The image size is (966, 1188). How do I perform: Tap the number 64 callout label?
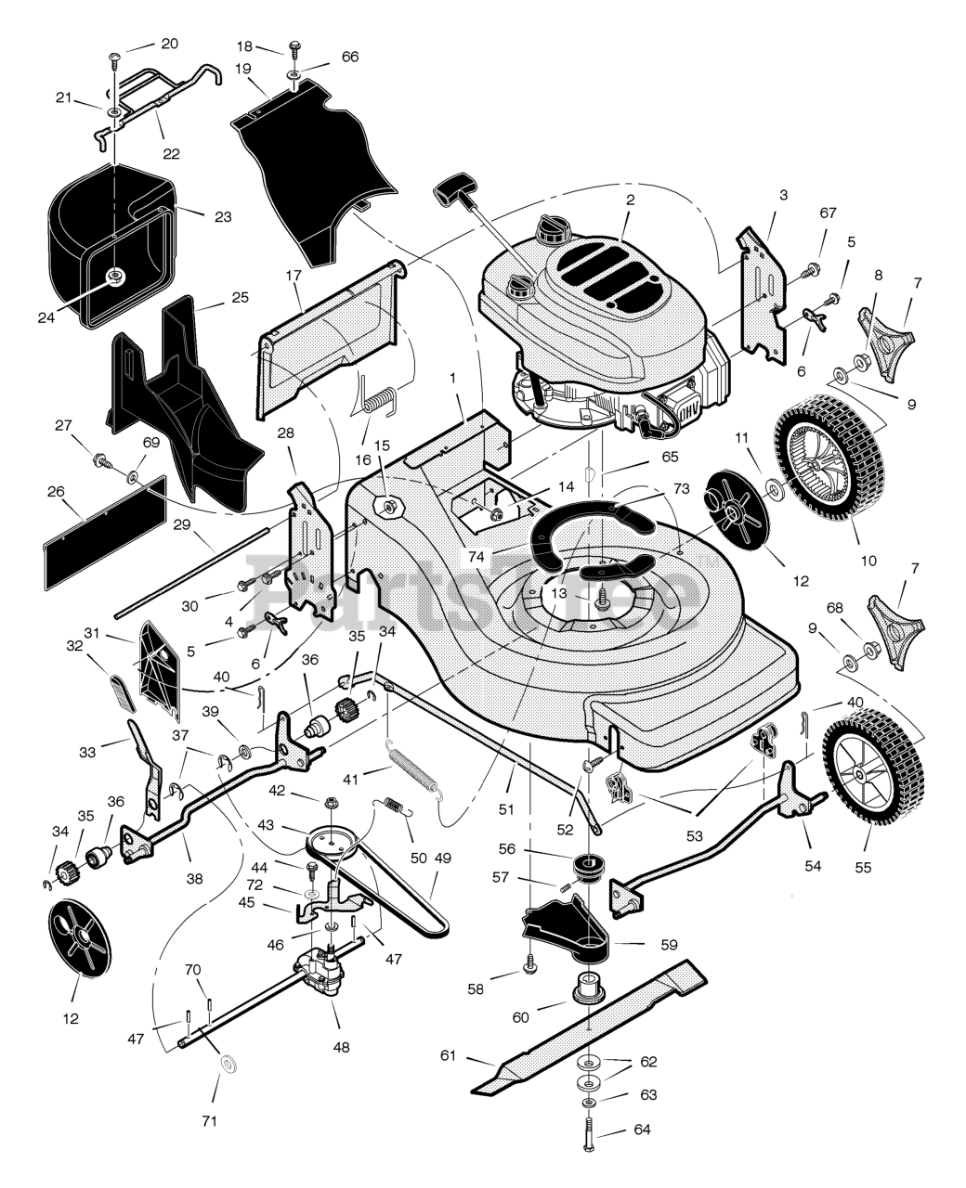point(642,1130)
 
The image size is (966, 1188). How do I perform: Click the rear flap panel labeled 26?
point(105,534)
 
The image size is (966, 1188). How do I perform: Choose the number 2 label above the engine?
point(630,200)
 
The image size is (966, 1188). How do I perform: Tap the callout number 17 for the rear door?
point(293,276)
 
